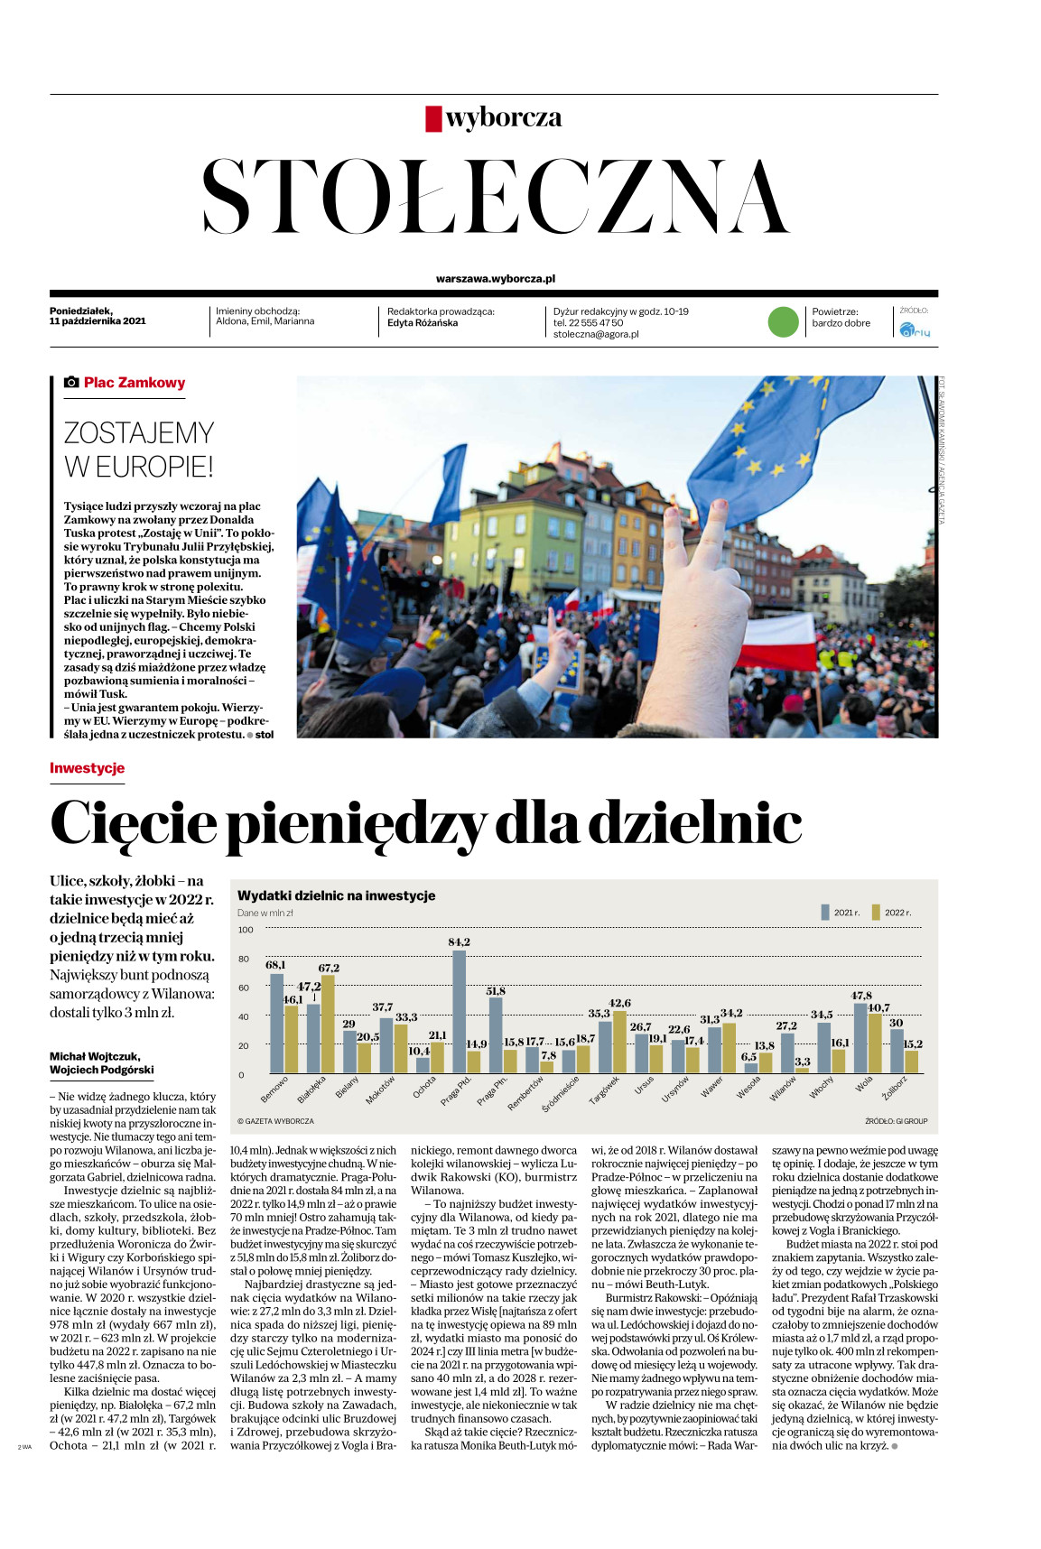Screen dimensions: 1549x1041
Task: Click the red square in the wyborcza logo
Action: [433, 118]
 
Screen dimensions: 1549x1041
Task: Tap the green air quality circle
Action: [783, 322]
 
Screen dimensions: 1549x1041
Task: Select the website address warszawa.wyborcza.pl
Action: [495, 279]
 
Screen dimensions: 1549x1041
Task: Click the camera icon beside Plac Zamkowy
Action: [71, 383]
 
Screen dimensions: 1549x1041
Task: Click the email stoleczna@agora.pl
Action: [596, 334]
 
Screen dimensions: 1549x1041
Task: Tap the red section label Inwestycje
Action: [87, 768]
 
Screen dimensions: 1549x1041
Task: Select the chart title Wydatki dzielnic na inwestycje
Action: [336, 895]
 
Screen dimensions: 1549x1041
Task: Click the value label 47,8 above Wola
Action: [861, 996]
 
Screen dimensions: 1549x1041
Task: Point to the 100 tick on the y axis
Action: [246, 929]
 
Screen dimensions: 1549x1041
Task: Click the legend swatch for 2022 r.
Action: [875, 912]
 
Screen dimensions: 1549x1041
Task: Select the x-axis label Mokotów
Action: [380, 1090]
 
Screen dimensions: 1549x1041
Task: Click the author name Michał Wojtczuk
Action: [95, 1056]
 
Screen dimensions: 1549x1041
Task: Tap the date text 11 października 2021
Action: [98, 320]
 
